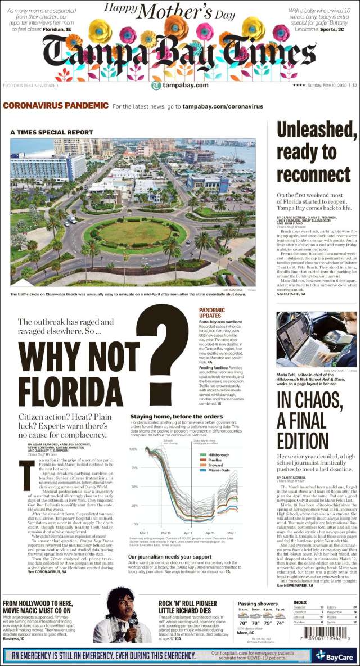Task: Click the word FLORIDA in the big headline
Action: [x=64, y=389]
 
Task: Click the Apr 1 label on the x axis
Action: [x=187, y=532]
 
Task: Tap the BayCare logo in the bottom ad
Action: [x=335, y=655]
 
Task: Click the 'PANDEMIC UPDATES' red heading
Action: [x=212, y=313]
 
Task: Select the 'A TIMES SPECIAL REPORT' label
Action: [x=51, y=132]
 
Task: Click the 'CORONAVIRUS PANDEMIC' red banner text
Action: [x=56, y=106]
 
